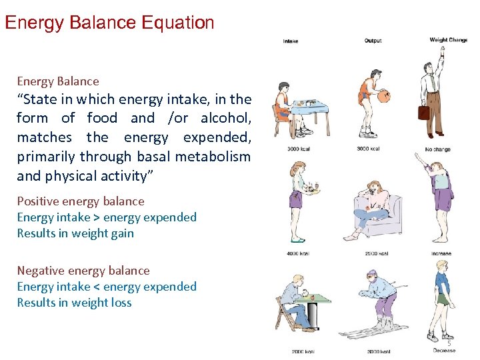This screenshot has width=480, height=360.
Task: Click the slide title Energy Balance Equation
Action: tap(109, 23)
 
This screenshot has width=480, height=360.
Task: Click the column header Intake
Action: tap(290, 41)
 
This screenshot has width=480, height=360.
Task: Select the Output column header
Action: tap(373, 41)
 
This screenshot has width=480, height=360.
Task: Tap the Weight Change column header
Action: tap(447, 40)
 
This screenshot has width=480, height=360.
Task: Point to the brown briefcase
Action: tap(423, 112)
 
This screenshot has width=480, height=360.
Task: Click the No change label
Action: tap(438, 149)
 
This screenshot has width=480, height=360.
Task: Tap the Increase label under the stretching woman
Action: tap(441, 253)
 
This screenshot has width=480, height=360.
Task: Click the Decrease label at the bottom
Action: tap(444, 350)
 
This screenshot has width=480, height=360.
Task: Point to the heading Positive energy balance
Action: tap(81, 201)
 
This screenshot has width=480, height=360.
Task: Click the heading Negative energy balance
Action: tap(83, 271)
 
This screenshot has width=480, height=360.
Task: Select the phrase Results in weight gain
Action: tap(75, 233)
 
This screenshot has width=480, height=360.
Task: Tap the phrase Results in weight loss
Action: tap(75, 303)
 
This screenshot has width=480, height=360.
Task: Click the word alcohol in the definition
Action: tap(225, 118)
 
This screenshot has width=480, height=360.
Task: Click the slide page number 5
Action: tap(449, 343)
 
